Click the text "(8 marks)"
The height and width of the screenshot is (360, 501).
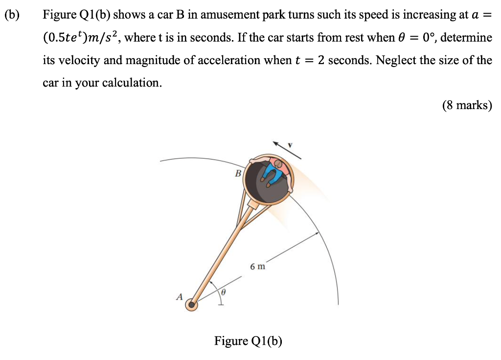point(466,105)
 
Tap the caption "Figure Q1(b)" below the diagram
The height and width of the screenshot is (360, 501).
point(248,341)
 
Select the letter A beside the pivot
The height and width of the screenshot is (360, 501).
point(179,296)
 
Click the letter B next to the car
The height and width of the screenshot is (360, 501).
point(238,173)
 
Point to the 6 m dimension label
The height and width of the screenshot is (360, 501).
point(257,267)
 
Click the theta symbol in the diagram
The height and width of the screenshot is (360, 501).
point(223,292)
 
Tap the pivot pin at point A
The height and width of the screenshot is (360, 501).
point(192,305)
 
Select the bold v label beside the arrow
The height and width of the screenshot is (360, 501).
point(290,145)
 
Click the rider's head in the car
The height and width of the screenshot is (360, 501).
point(278,163)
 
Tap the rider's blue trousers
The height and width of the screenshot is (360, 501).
point(271,173)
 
